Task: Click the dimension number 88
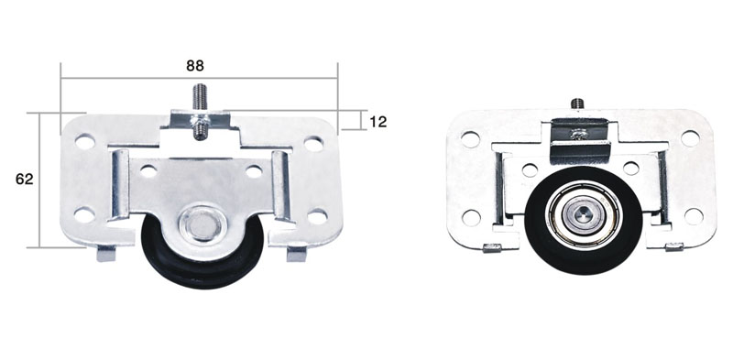[195, 66]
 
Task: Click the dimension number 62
[25, 179]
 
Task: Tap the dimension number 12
[378, 122]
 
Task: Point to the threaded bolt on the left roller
[201, 111]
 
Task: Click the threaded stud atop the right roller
[577, 104]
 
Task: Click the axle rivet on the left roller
[201, 224]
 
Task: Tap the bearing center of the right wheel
[583, 214]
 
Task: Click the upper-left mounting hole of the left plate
[84, 142]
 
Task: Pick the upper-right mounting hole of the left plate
[313, 144]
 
